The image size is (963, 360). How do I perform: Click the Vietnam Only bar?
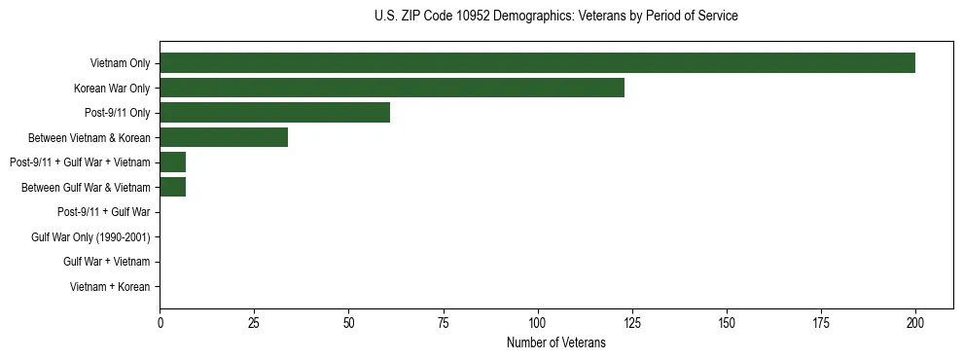[537, 63]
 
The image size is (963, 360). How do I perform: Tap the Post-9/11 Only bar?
[274, 113]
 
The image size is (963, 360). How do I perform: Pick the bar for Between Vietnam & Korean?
[224, 137]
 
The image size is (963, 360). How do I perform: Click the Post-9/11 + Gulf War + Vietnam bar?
[172, 162]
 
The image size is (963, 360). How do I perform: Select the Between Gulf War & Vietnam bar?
[172, 187]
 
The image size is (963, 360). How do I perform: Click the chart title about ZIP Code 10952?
[555, 17]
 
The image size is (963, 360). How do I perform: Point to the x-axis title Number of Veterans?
[555, 342]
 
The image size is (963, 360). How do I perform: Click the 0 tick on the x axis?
[160, 323]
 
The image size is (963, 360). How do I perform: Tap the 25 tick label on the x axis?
[254, 323]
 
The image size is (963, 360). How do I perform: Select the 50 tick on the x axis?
[348, 323]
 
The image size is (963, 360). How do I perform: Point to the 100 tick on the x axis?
[537, 323]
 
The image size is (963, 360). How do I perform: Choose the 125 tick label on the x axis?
[632, 323]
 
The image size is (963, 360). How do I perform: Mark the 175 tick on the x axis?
[821, 323]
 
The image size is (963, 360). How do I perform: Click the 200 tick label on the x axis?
[915, 323]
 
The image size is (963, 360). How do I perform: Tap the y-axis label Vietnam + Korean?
[110, 287]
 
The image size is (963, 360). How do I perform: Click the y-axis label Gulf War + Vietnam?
[106, 262]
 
